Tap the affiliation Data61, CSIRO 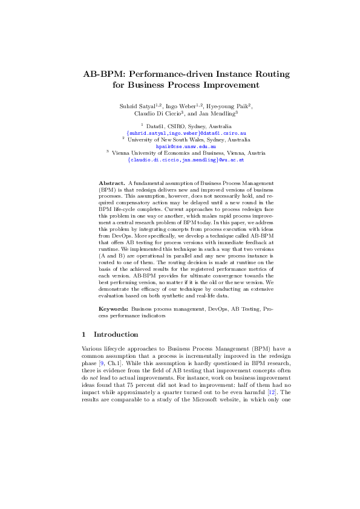coord(160,126)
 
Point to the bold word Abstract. coord(112,182)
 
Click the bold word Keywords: coord(114,308)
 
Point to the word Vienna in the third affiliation coord(122,154)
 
